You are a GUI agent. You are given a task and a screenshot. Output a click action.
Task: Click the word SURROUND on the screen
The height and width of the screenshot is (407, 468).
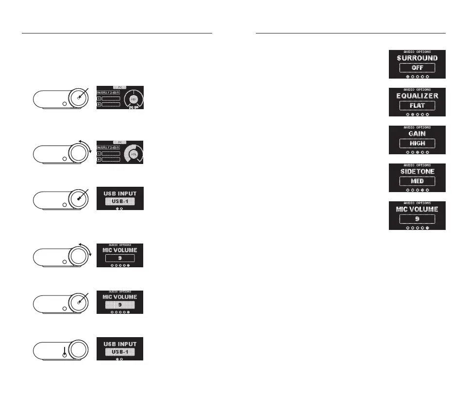pyautogui.click(x=417, y=58)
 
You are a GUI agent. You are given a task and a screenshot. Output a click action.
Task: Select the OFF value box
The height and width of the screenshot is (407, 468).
pyautogui.click(x=417, y=68)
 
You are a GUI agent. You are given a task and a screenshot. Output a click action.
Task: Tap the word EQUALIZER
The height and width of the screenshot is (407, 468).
pyautogui.click(x=417, y=96)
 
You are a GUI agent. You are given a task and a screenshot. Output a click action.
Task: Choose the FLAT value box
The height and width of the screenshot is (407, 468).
pyautogui.click(x=417, y=106)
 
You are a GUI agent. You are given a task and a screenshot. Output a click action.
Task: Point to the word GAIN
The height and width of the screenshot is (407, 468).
pyautogui.click(x=417, y=133)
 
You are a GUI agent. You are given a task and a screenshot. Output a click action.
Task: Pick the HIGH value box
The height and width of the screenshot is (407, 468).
pyautogui.click(x=417, y=144)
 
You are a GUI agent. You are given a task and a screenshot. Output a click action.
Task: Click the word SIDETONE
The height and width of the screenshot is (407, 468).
pyautogui.click(x=417, y=171)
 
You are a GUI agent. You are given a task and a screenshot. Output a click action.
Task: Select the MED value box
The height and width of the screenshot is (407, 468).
pyautogui.click(x=417, y=181)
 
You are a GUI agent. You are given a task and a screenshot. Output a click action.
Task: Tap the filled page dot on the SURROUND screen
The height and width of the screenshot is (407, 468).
pyautogui.click(x=407, y=77)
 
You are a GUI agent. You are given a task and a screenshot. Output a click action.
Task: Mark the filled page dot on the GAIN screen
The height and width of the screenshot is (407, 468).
pyautogui.click(x=417, y=152)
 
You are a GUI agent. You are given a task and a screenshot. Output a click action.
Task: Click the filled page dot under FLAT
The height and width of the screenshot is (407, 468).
pyautogui.click(x=412, y=114)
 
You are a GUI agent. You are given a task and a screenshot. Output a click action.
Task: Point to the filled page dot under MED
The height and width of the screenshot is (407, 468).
pyautogui.click(x=422, y=190)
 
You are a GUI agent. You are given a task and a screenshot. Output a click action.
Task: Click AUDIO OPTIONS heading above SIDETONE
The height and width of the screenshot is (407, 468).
pyautogui.click(x=417, y=165)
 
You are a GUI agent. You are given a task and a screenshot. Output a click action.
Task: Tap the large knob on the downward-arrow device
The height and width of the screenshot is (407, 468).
pyautogui.click(x=79, y=349)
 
